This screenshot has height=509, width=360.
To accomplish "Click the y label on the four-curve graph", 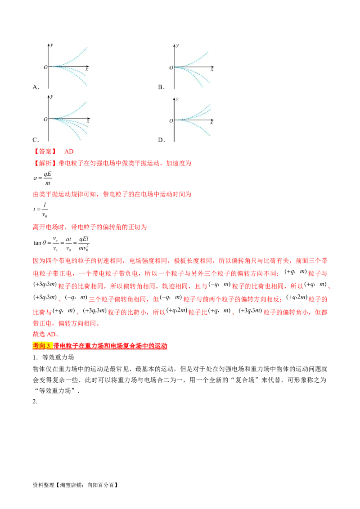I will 52,97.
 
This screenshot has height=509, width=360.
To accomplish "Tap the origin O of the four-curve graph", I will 45,119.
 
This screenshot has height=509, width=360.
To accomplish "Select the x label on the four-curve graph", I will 88,122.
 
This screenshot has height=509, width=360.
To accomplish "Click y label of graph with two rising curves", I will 178,97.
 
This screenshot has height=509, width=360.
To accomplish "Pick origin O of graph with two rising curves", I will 171,121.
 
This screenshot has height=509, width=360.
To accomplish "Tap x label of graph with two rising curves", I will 212,123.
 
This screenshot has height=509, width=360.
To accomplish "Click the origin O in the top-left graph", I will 45,67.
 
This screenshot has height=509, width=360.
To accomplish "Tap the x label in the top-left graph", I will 86,70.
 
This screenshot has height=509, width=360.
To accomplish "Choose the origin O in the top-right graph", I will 171,68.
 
